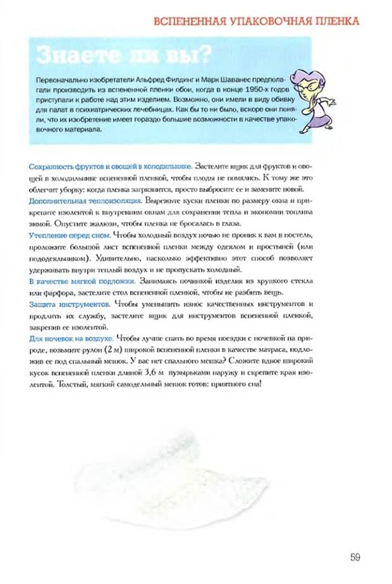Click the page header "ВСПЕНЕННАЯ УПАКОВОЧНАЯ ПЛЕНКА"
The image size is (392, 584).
[x=257, y=21]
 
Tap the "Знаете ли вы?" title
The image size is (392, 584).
[x=124, y=56]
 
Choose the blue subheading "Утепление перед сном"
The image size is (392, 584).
[x=70, y=235]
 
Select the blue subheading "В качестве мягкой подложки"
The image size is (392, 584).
[x=82, y=280]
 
